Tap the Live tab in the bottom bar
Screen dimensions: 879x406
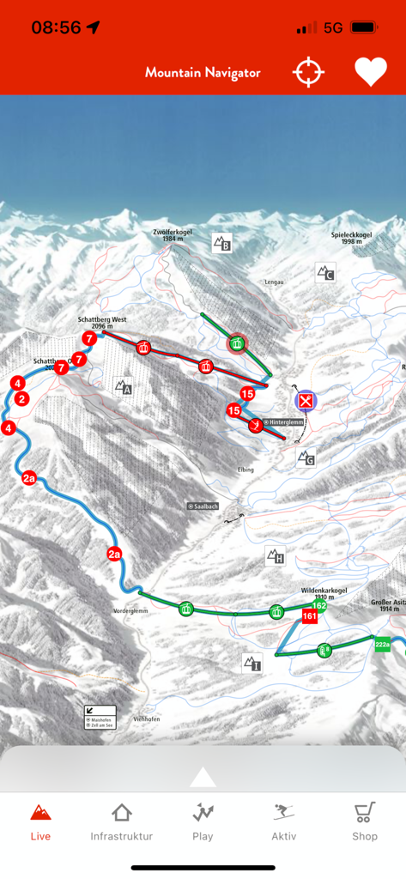pyautogui.click(x=40, y=821)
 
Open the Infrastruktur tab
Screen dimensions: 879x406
pyautogui.click(x=122, y=821)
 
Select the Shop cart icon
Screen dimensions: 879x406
pyautogui.click(x=365, y=821)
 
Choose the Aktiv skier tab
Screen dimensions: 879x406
pyautogui.click(x=283, y=821)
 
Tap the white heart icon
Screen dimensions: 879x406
pyautogui.click(x=371, y=72)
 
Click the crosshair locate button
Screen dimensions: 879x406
pyautogui.click(x=309, y=72)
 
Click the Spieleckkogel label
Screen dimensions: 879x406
pyautogui.click(x=350, y=238)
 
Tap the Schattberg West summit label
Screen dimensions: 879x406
pyautogui.click(x=102, y=322)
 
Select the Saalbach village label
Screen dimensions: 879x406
pyautogui.click(x=203, y=506)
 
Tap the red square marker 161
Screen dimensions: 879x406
pyautogui.click(x=310, y=616)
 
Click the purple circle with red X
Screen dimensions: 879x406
pyautogui.click(x=306, y=400)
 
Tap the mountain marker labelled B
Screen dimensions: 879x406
pyautogui.click(x=222, y=243)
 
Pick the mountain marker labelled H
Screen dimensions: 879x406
pyautogui.click(x=275, y=556)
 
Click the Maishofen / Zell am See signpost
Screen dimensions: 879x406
pyautogui.click(x=100, y=718)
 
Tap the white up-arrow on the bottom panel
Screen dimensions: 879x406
pyautogui.click(x=203, y=777)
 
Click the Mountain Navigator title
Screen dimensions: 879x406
pyautogui.click(x=203, y=73)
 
